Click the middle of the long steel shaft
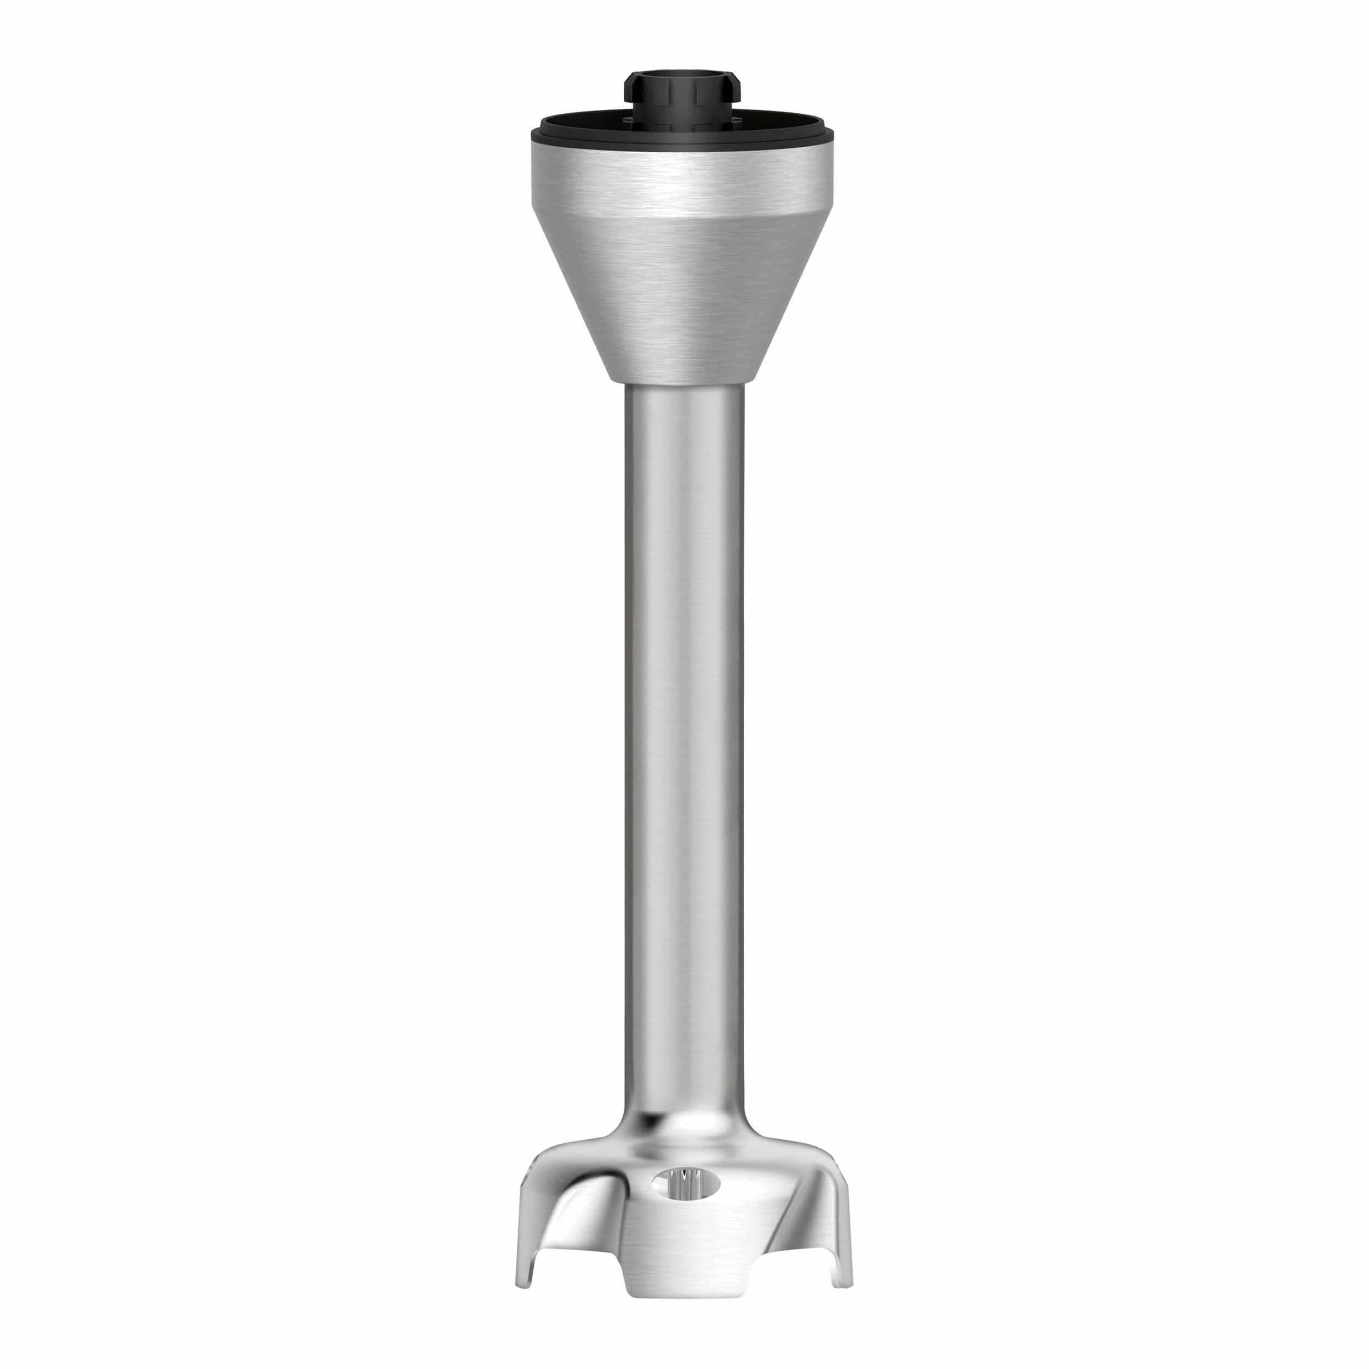tap(684, 744)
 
